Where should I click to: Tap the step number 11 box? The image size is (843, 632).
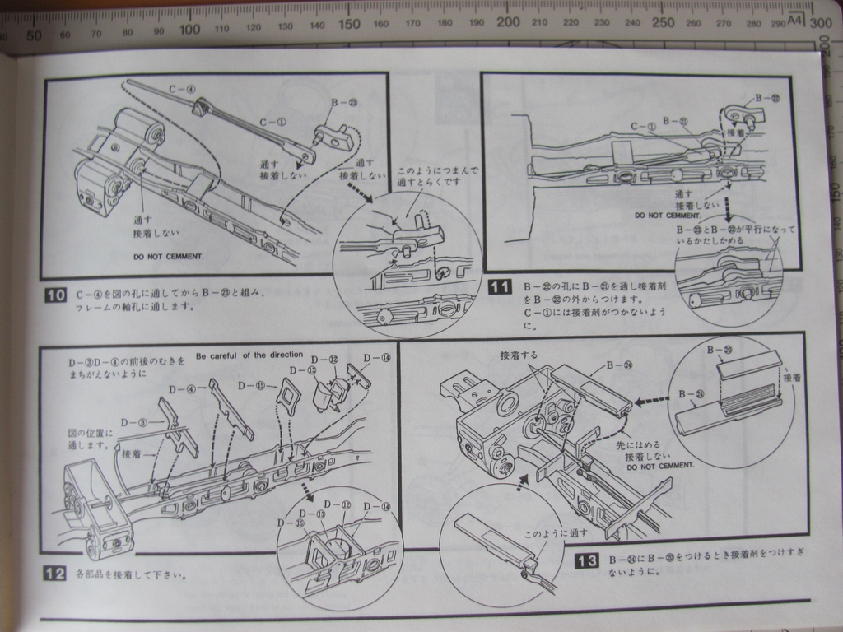point(500,287)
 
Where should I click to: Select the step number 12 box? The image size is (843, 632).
point(54,574)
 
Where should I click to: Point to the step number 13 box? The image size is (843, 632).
point(585,561)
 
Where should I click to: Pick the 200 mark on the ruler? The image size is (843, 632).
point(508,22)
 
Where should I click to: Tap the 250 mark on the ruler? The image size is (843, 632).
point(663,22)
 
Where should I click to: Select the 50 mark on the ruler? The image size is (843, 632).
point(34,35)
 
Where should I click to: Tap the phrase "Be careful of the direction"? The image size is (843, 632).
point(249,355)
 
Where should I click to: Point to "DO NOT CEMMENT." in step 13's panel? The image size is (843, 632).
point(659,465)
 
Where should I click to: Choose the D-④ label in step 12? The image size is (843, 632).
point(182,389)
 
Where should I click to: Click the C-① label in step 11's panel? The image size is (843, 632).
point(641,127)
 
